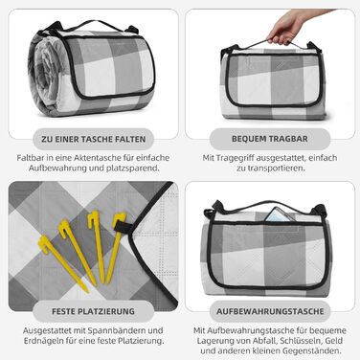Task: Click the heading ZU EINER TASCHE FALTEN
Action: coord(93,139)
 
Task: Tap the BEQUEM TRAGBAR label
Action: coord(270,139)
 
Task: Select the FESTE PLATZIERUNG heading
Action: coord(93,311)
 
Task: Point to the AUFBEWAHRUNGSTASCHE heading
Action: coord(270,311)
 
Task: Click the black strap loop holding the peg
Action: coord(123,226)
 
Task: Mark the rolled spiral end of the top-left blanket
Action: coord(45,74)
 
